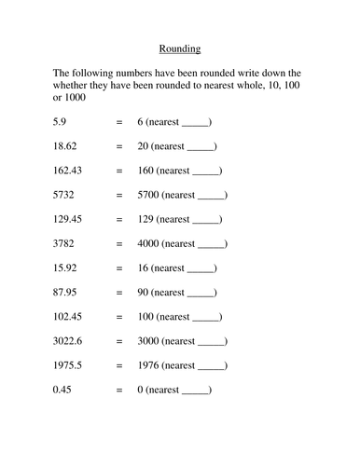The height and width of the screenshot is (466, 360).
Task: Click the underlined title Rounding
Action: coord(179,48)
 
